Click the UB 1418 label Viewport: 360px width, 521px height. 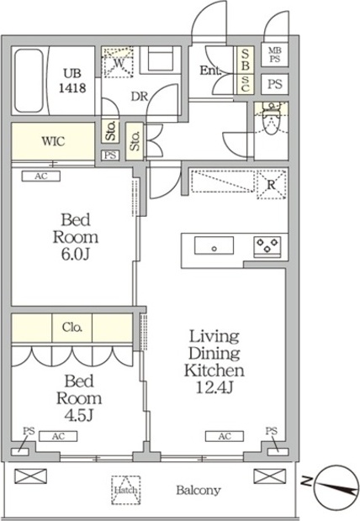point(72,81)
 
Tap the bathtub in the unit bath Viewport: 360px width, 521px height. point(29,81)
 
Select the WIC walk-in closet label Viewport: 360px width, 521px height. point(53,141)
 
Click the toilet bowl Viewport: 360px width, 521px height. point(272,121)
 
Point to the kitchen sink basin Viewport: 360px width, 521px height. point(214,245)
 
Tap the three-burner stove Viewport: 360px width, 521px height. point(267,246)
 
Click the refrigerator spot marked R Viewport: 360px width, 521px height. point(272,184)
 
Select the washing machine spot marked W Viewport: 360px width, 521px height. point(119,62)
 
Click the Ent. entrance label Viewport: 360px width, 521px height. point(210,71)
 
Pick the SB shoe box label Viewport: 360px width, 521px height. point(245,60)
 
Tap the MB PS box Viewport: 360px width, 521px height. point(275,55)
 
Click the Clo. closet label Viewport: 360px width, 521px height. point(72,327)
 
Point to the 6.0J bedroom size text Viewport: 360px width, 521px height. point(76,254)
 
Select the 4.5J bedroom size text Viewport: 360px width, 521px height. point(78,415)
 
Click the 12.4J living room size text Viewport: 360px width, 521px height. point(214,387)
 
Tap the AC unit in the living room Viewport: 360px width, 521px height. point(225,436)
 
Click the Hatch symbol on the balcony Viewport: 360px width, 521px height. point(126,490)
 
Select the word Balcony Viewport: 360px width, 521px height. point(199,490)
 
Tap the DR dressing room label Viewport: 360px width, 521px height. point(139,97)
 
